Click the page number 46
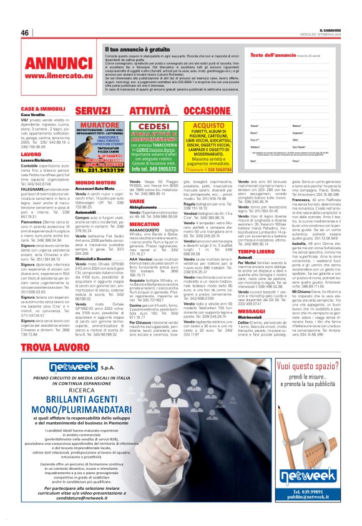pyautogui.click(x=26, y=32)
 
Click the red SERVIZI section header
pyautogui.click(x=92, y=111)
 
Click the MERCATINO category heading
pyautogui.click(x=145, y=223)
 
